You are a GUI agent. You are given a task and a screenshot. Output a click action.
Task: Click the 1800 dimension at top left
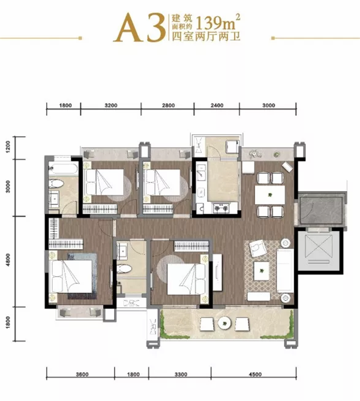(65, 106)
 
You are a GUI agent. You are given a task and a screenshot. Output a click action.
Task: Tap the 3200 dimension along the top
(111, 106)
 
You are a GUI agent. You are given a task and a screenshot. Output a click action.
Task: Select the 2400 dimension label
(217, 106)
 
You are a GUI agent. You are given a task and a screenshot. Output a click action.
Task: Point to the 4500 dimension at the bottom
(255, 375)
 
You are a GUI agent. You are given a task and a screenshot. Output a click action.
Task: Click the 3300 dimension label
(181, 375)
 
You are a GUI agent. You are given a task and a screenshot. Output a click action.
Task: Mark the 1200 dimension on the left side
(8, 147)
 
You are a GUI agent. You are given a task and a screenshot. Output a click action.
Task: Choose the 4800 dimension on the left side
(8, 260)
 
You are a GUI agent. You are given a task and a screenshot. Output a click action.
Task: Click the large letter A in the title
(127, 28)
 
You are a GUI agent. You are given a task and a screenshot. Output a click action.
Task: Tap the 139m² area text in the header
(218, 22)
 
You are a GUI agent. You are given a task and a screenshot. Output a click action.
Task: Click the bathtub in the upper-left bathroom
(63, 169)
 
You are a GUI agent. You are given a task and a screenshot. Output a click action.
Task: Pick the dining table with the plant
(270, 195)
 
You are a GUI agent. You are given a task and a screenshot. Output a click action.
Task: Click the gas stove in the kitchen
(221, 208)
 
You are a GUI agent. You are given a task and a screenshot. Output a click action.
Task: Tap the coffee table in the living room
(262, 271)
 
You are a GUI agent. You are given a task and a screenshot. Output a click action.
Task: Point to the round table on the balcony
(225, 323)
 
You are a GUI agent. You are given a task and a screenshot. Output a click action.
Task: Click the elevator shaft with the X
(319, 250)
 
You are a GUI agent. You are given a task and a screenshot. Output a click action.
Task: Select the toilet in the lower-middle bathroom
(125, 269)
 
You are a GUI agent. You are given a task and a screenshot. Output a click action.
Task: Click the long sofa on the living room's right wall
(285, 271)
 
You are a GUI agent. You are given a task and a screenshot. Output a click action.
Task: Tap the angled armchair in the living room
(258, 248)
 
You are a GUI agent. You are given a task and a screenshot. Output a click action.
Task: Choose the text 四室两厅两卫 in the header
(206, 36)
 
